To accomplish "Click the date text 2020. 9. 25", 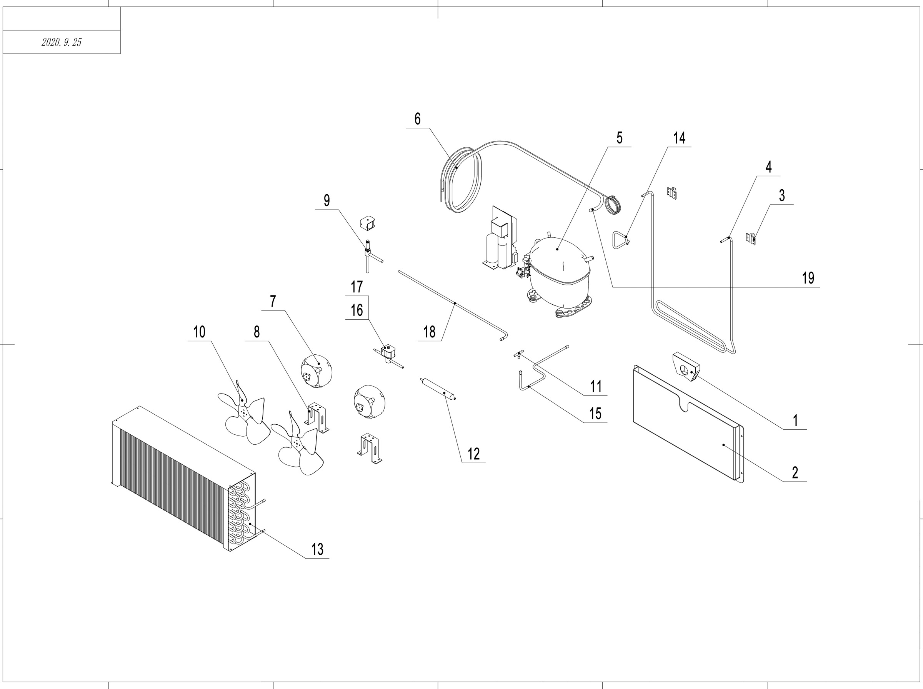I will pos(61,42).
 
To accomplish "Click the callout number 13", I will pos(317,549).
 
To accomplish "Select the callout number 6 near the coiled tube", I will pos(417,119).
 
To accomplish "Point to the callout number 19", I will pos(808,278).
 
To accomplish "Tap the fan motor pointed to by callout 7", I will pos(317,371).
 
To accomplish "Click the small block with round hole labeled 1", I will pos(685,367).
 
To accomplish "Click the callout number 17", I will pos(357,287).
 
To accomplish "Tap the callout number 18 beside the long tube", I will pos(430,332).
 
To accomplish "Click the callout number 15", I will pos(595,414).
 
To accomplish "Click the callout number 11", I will pos(596,386).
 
